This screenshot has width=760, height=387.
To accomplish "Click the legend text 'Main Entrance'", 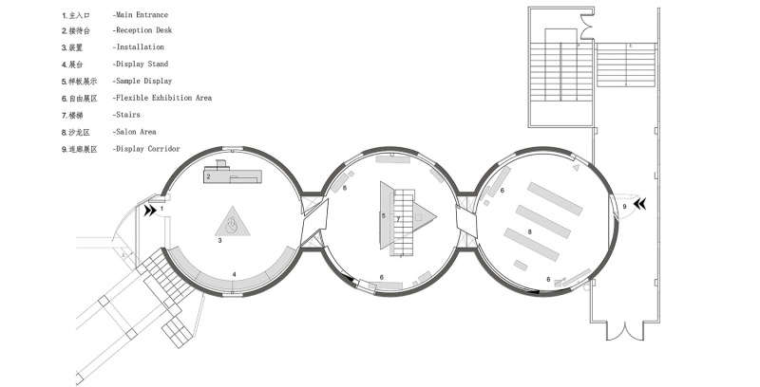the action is pyautogui.click(x=142, y=15).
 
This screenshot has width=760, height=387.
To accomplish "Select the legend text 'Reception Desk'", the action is pyautogui.click(x=144, y=30).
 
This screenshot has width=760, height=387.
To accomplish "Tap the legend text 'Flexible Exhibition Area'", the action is pyautogui.click(x=163, y=98).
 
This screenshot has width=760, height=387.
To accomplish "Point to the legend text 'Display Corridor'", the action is pyautogui.click(x=148, y=149).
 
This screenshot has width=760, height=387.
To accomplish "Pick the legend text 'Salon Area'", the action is pyautogui.click(x=136, y=132).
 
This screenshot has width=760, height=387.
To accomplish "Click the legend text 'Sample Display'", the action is pyautogui.click(x=144, y=81).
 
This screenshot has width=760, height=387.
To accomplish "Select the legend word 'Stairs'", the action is pyautogui.click(x=128, y=115).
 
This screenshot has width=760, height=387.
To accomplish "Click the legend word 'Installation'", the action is pyautogui.click(x=140, y=46).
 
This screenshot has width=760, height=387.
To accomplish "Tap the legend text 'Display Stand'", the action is pyautogui.click(x=142, y=64).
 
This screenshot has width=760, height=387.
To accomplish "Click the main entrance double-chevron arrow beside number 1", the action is pyautogui.click(x=149, y=211).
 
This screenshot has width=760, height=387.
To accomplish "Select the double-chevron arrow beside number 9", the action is pyautogui.click(x=639, y=205).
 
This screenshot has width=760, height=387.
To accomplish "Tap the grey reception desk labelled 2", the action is pyautogui.click(x=232, y=175).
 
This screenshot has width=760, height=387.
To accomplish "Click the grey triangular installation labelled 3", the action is pyautogui.click(x=233, y=223).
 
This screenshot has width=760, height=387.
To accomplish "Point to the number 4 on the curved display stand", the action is pyautogui.click(x=234, y=274).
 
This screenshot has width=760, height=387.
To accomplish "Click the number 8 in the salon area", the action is pyautogui.click(x=530, y=232).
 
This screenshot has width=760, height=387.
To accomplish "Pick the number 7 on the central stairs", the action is pyautogui.click(x=398, y=219).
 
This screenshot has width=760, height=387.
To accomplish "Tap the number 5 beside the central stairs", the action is pyautogui.click(x=384, y=215).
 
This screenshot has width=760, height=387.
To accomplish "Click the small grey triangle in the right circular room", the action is pyautogui.click(x=576, y=167).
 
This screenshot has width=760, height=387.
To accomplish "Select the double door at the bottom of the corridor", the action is pyautogui.click(x=625, y=330).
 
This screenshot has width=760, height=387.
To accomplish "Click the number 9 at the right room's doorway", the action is pyautogui.click(x=624, y=207).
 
